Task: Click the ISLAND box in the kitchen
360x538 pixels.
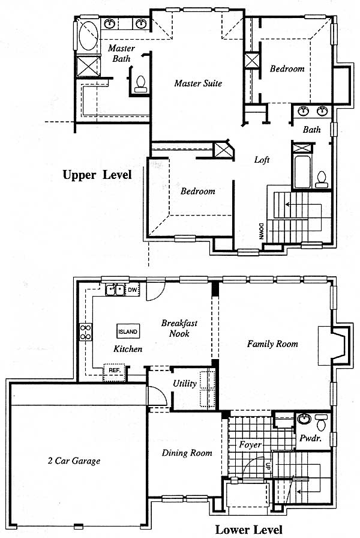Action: (128, 332)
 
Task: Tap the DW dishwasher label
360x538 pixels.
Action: (133, 290)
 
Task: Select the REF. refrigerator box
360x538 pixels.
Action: (114, 370)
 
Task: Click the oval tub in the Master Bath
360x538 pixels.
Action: (88, 35)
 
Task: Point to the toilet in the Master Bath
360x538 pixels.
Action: (140, 84)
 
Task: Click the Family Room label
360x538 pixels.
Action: (272, 344)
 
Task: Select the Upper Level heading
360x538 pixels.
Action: (97, 175)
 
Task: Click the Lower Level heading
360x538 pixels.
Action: (249, 530)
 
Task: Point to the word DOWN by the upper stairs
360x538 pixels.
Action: (261, 231)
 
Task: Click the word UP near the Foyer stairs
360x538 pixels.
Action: (268, 466)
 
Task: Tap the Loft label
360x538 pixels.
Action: (262, 160)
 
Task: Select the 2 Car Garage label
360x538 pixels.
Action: (74, 461)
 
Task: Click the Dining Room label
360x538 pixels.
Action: (187, 453)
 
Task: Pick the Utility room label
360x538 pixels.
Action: (184, 383)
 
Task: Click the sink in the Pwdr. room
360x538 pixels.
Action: (304, 419)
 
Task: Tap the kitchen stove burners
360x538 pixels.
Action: (86, 332)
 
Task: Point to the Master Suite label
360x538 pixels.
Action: (198, 83)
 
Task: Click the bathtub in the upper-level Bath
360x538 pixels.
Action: (302, 172)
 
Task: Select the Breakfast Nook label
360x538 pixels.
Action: (179, 328)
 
